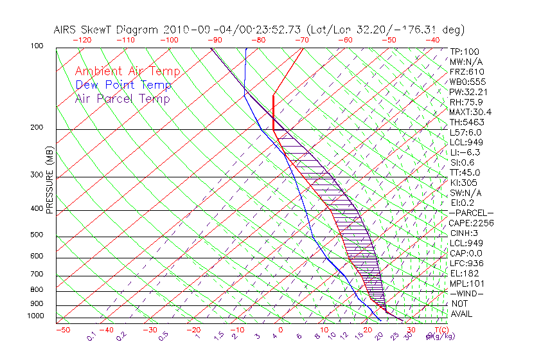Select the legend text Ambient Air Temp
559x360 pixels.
127,71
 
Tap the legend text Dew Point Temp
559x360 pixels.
123,85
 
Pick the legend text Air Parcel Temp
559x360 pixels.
122,98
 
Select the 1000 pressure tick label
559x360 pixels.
36,316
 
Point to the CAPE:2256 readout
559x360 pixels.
470,223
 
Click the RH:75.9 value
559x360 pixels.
466,102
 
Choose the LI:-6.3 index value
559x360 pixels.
465,152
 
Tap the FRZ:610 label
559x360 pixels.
466,72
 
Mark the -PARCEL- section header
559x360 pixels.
472,213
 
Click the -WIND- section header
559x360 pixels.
467,293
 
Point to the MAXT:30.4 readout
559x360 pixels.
470,112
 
